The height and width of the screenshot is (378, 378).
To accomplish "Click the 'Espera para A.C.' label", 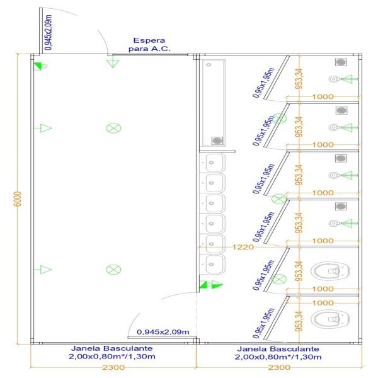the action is (149, 45).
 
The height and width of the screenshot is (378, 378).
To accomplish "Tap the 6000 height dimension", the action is (18, 199).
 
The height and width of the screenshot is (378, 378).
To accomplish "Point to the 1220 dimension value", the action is (243, 247).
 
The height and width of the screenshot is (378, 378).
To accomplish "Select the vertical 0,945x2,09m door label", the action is (49, 33).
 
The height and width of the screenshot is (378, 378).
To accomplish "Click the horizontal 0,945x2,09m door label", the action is (163, 332).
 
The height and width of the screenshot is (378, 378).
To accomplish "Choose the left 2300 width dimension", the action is (113, 367).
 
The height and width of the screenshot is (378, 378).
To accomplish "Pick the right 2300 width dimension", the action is (279, 367).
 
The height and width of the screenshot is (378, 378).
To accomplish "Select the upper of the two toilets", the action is (330, 271).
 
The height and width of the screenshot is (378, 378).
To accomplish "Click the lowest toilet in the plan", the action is (330, 319).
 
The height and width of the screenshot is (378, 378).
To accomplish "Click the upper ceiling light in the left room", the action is (113, 128).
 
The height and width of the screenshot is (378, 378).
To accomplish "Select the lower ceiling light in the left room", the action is (113, 270).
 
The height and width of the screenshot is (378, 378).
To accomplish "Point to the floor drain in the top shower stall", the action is (341, 62).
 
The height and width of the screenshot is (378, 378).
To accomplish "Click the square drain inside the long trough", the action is (217, 140).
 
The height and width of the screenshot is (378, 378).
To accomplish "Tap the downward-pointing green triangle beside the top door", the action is (113, 64).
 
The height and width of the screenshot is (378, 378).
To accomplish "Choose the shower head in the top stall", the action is (333, 79).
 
